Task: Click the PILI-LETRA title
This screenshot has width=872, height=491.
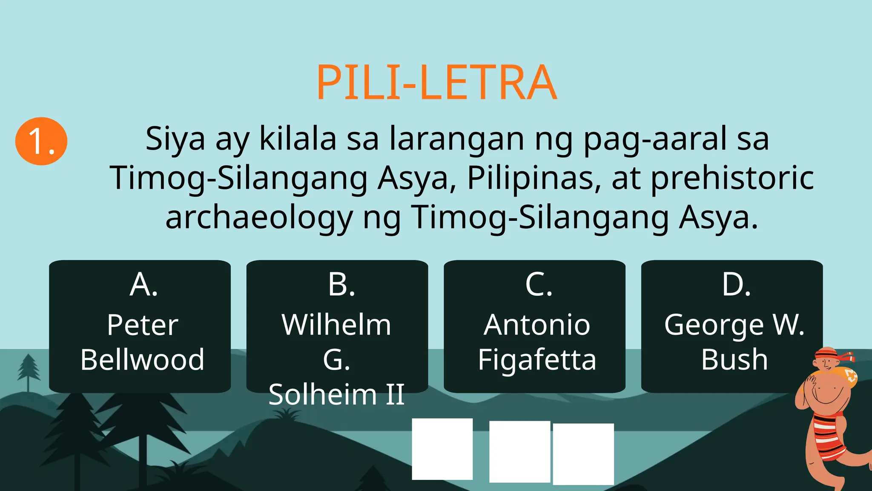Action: pyautogui.click(x=436, y=82)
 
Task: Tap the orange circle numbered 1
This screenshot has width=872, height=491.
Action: pyautogui.click(x=41, y=141)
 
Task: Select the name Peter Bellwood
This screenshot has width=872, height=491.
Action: pyautogui.click(x=142, y=342)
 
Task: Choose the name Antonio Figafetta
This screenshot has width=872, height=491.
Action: pyautogui.click(x=537, y=342)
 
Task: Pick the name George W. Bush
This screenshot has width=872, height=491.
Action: pyautogui.click(x=734, y=342)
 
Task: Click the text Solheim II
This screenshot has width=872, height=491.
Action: pyautogui.click(x=336, y=394)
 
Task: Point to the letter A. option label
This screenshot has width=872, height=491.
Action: pyautogui.click(x=143, y=285)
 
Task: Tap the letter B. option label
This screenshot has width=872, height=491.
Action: pyautogui.click(x=341, y=285)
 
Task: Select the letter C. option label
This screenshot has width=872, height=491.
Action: pyautogui.click(x=539, y=285)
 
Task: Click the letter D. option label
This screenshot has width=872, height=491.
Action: pyautogui.click(x=736, y=285)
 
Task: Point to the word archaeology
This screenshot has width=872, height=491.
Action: pyautogui.click(x=259, y=217)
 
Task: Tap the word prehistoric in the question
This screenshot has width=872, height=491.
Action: pyautogui.click(x=732, y=178)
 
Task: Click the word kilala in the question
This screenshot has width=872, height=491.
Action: pyautogui.click(x=298, y=139)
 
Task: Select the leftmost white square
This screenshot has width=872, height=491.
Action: pyautogui.click(x=442, y=449)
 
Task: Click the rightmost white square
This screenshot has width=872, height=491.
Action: pyautogui.click(x=583, y=453)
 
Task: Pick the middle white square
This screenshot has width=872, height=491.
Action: pyautogui.click(x=519, y=451)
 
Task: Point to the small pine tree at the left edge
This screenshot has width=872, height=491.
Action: pyautogui.click(x=29, y=371)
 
